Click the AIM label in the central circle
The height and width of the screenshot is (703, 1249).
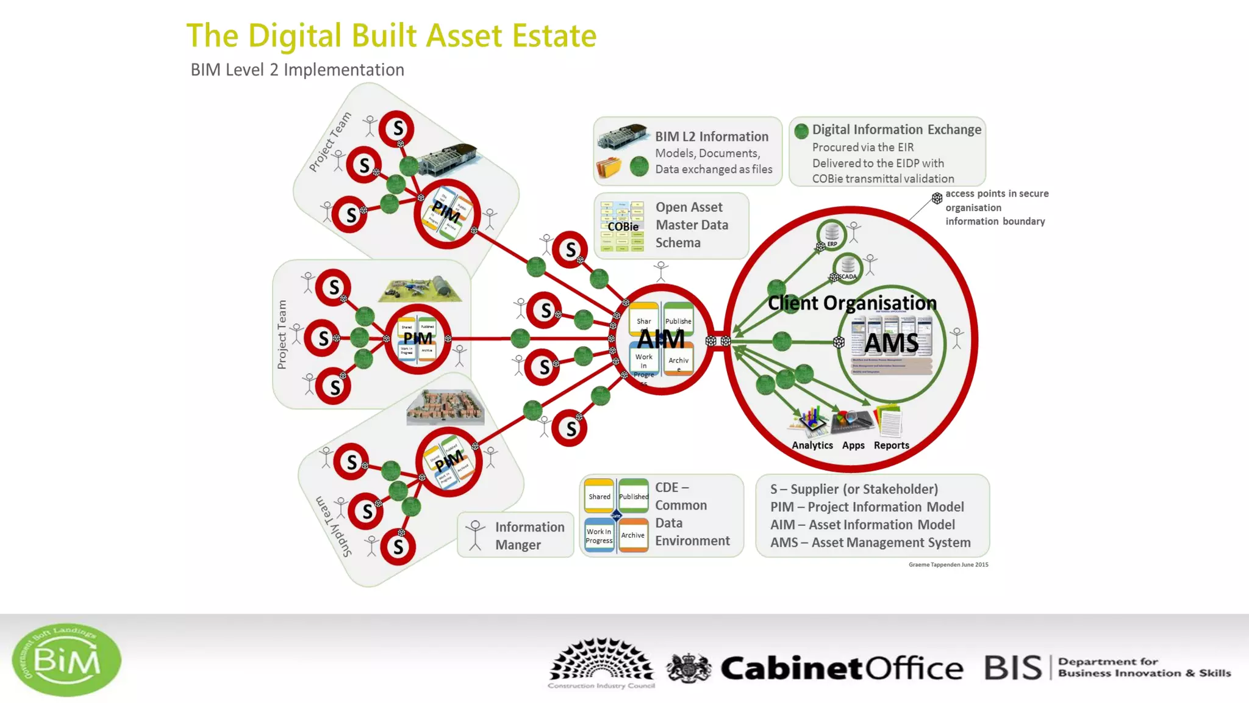pyautogui.click(x=661, y=339)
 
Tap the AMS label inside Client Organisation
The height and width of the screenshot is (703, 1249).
pyautogui.click(x=891, y=343)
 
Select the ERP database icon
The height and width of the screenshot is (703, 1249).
pyautogui.click(x=832, y=233)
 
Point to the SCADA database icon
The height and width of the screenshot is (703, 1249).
pyautogui.click(x=848, y=266)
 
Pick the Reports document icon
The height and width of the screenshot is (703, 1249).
pyautogui.click(x=889, y=421)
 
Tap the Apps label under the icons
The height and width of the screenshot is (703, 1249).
pyautogui.click(x=853, y=445)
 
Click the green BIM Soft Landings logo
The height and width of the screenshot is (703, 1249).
pyautogui.click(x=66, y=660)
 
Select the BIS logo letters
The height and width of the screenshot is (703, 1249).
pyautogui.click(x=1013, y=668)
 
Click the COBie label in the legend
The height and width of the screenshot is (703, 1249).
pyautogui.click(x=623, y=226)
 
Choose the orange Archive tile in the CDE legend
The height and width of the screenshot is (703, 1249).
pyautogui.click(x=633, y=535)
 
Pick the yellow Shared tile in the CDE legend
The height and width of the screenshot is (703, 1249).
pyautogui.click(x=599, y=496)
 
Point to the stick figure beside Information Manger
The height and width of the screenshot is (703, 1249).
pyautogui.click(x=475, y=535)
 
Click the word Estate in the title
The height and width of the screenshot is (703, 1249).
pyautogui.click(x=554, y=35)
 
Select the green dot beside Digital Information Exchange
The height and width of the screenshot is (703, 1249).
pyautogui.click(x=801, y=131)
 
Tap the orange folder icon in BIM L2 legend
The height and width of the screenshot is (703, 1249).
pyautogui.click(x=609, y=167)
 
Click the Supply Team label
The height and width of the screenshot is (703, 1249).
pyautogui.click(x=334, y=526)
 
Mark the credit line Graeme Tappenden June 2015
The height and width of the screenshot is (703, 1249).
pyautogui.click(x=948, y=564)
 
